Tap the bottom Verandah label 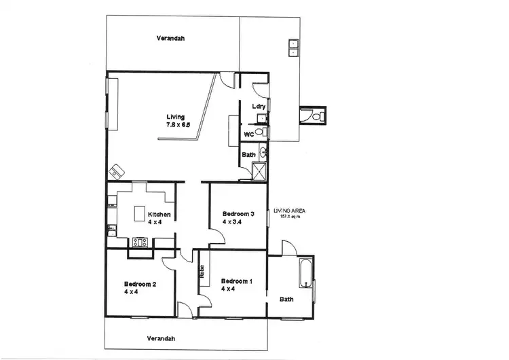pos(160,338)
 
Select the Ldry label pos(258,106)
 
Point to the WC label pos(249,134)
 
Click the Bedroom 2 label pos(140,284)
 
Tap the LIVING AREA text pos(290,211)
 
